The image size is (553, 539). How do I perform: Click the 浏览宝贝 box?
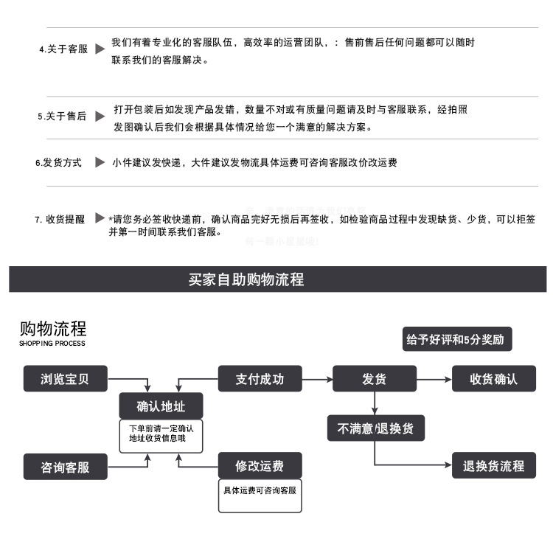(x=65, y=379)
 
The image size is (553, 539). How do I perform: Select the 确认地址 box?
(x=161, y=406)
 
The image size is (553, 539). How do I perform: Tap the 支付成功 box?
(x=260, y=379)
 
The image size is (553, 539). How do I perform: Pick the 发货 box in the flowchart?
(x=374, y=379)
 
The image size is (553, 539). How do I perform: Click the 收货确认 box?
(x=493, y=379)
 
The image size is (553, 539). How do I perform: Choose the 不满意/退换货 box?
(x=376, y=428)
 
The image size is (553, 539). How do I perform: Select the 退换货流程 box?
(x=493, y=466)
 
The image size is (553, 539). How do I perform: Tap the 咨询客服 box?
(x=65, y=467)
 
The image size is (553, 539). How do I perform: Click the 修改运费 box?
(x=260, y=466)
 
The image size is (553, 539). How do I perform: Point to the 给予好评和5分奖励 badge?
(x=456, y=339)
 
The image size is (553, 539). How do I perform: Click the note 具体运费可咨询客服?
(x=260, y=490)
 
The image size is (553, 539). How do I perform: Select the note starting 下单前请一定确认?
(x=161, y=434)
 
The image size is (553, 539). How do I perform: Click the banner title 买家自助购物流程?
(x=246, y=280)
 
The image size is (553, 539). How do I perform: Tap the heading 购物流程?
(x=52, y=328)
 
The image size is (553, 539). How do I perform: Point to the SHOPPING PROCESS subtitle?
(x=52, y=344)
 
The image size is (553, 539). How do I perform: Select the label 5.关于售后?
(x=62, y=117)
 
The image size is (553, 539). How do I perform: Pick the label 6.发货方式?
(x=59, y=162)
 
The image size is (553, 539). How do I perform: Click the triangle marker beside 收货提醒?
(x=100, y=219)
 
